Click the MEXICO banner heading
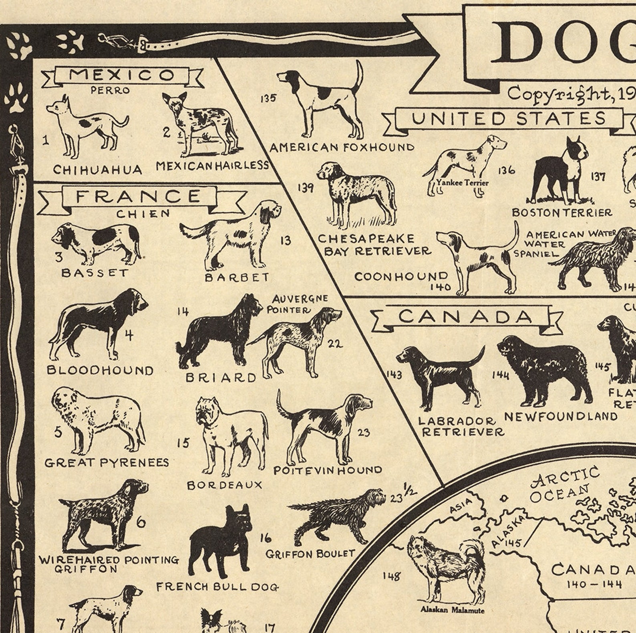pyautogui.click(x=122, y=75)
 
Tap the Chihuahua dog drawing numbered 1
pyautogui.click(x=86, y=126)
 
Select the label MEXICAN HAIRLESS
pyautogui.click(x=212, y=165)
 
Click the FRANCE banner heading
pyautogui.click(x=138, y=197)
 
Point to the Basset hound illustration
pyautogui.click(x=96, y=243)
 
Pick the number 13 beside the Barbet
pyautogui.click(x=286, y=241)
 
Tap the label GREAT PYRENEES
pyautogui.click(x=107, y=463)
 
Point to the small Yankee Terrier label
pyautogui.click(x=463, y=183)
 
